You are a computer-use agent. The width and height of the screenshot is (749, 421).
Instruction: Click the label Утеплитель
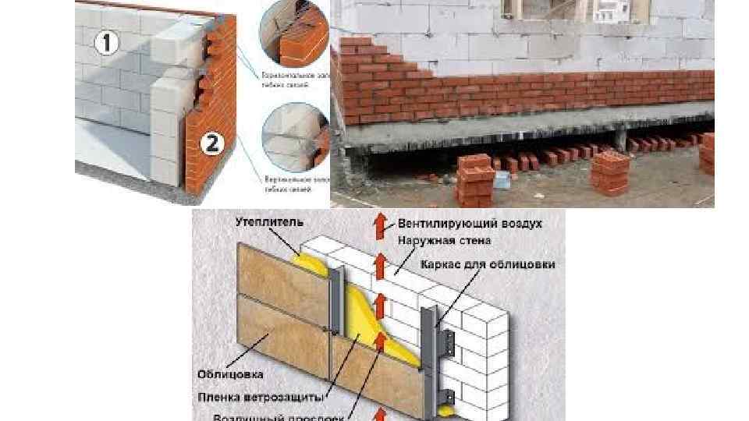coord(263,223)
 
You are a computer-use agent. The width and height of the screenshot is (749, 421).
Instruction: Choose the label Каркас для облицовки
coord(488,265)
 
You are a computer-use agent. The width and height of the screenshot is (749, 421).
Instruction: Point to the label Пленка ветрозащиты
coord(260,396)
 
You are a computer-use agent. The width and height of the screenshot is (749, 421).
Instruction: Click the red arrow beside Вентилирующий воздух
coord(380,226)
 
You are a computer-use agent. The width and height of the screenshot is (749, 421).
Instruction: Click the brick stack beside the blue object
coord(474,178)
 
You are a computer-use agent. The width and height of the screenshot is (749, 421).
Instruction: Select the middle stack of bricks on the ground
coord(611,172)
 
